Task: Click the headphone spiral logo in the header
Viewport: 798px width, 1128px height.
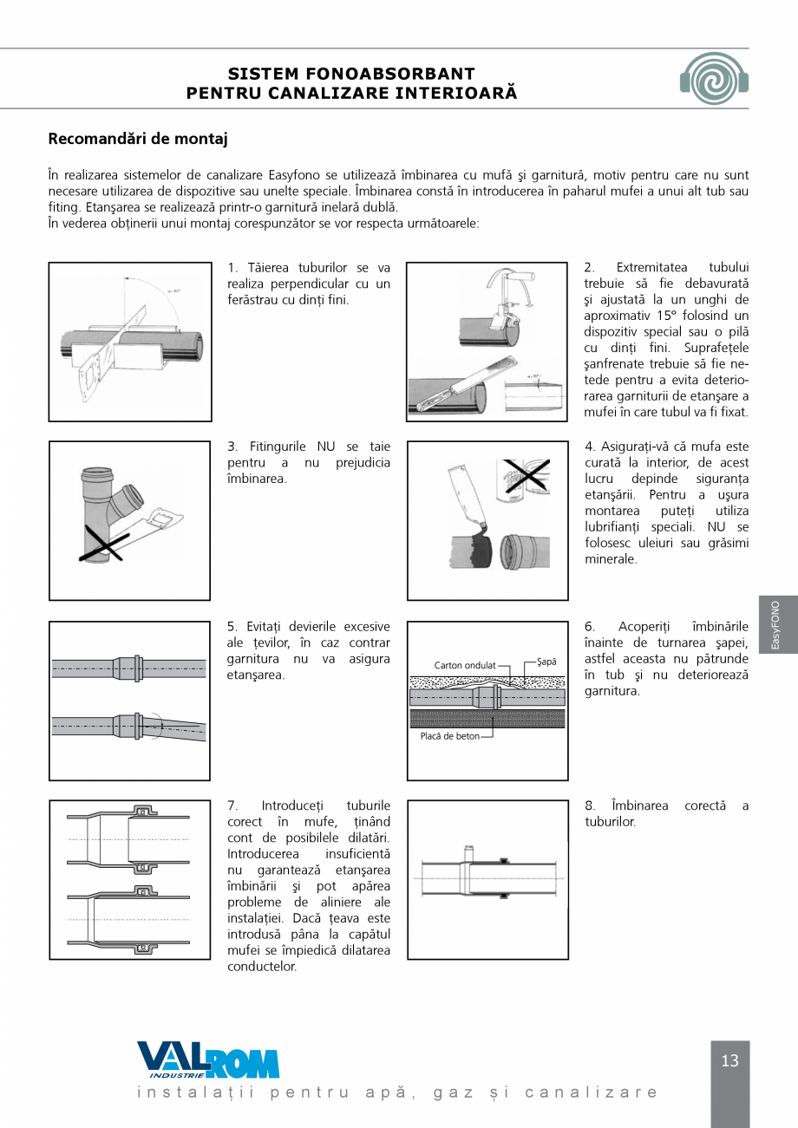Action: point(714,78)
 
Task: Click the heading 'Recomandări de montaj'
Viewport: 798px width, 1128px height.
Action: point(138,139)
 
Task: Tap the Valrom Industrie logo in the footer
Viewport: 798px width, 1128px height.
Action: point(208,1060)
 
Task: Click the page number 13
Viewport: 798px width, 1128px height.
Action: point(729,1061)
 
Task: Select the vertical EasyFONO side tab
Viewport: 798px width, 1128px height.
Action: point(775,624)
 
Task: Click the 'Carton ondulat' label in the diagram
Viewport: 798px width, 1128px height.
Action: point(465,665)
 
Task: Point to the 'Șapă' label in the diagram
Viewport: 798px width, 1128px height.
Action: point(546,662)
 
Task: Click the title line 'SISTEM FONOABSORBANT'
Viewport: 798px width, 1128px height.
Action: point(351,74)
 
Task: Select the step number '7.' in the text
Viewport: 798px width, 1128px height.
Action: point(232,805)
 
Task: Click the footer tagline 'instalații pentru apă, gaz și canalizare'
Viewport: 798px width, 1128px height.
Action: point(398,1092)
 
